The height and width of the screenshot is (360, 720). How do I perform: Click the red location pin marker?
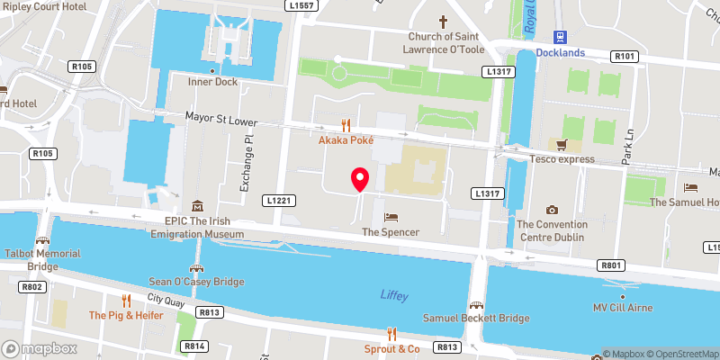(x=360, y=179)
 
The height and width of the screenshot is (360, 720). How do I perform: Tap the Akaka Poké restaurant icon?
(x=346, y=126)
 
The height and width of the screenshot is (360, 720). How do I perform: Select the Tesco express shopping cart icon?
(x=562, y=145)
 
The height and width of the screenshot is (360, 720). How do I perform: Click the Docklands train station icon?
(x=560, y=37)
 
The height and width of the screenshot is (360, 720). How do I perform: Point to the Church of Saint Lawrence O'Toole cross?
(x=442, y=21)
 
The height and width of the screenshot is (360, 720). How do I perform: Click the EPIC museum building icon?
(x=198, y=206)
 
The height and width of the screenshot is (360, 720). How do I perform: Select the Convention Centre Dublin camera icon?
(x=552, y=210)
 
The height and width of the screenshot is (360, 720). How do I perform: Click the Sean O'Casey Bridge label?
(x=196, y=282)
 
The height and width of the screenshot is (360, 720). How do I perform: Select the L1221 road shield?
(x=279, y=200)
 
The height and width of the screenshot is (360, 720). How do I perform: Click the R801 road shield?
(x=610, y=265)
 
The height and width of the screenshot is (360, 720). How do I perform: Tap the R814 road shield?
(x=193, y=346)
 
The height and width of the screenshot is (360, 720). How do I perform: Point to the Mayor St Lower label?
(x=221, y=119)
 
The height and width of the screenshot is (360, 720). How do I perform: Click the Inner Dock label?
(x=211, y=83)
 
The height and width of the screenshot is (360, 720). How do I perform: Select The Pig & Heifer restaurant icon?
(x=127, y=300)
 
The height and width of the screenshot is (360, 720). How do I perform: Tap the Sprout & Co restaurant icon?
(x=392, y=334)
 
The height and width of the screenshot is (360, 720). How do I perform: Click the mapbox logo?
(x=38, y=348)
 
